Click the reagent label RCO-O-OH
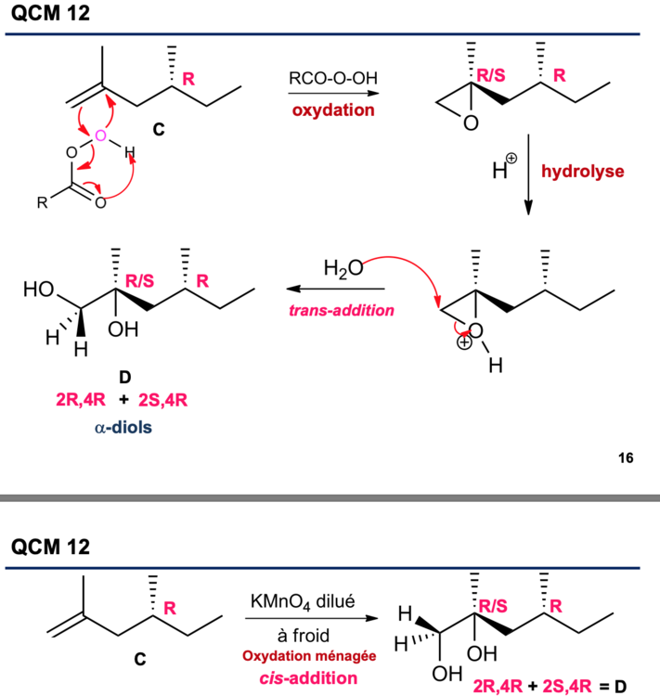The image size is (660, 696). (328, 79)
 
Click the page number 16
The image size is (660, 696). (626, 457)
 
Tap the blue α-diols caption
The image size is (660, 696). (123, 431)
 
